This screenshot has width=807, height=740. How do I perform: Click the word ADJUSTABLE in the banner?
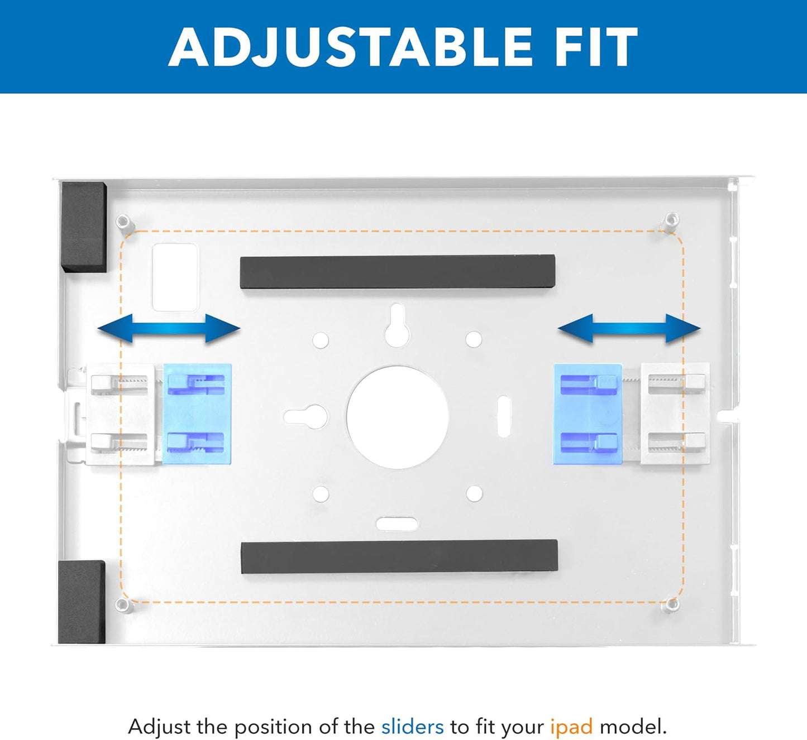click(x=351, y=47)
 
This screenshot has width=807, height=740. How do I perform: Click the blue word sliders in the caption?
click(x=412, y=727)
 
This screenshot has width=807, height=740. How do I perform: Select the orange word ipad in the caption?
click(x=571, y=727)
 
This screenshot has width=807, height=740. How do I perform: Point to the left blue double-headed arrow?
click(x=169, y=328)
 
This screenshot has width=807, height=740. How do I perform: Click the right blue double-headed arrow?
click(x=629, y=328)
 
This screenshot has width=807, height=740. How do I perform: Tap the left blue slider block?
click(x=197, y=414)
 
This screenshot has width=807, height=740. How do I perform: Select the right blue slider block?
click(x=588, y=414)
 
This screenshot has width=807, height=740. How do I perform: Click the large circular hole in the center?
click(x=397, y=417)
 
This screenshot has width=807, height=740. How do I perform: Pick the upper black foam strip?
click(x=397, y=272)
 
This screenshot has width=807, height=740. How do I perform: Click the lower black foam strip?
click(x=399, y=556)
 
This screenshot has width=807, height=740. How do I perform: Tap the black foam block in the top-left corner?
click(x=84, y=227)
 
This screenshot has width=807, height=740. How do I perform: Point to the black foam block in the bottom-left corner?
click(x=82, y=602)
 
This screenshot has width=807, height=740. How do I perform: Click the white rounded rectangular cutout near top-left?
click(x=175, y=277)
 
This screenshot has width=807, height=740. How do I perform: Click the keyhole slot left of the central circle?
click(x=307, y=416)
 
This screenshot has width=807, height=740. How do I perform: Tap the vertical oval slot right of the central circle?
click(x=503, y=416)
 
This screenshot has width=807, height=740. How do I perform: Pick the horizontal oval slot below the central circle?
click(x=397, y=523)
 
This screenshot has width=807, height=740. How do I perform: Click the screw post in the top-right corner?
click(x=671, y=219)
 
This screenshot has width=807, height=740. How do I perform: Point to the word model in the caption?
click(x=633, y=727)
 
